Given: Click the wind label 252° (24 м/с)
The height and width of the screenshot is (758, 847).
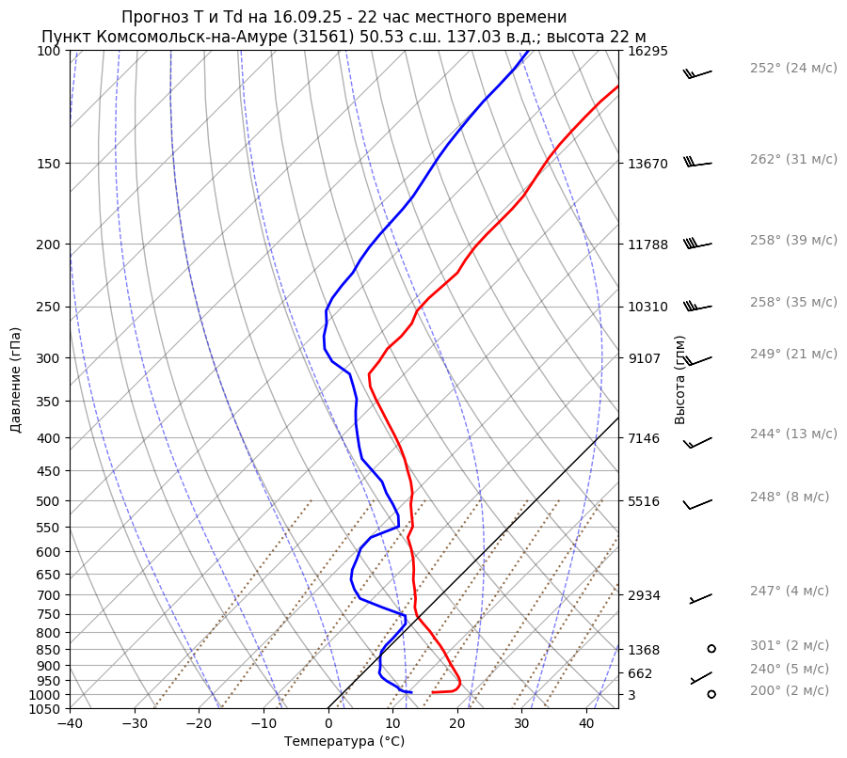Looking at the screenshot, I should (793, 68).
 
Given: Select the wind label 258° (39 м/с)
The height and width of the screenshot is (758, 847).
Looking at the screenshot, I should (793, 240).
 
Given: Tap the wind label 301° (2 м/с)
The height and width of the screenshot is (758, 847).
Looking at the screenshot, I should (790, 645).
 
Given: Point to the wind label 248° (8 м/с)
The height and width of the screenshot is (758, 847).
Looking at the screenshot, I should (790, 497).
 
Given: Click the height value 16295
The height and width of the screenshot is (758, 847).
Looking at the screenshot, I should (647, 51).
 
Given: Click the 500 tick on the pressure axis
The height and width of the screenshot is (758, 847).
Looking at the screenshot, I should (49, 501).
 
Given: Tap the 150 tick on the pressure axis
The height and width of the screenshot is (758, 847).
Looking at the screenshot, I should (49, 164).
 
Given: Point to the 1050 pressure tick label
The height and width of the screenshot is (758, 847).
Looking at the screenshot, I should (45, 709).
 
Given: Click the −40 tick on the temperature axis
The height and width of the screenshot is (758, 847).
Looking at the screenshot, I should (70, 723).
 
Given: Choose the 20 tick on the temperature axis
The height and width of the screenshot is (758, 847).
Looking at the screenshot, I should (457, 723).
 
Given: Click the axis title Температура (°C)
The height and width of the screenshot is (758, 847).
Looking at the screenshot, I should (344, 741).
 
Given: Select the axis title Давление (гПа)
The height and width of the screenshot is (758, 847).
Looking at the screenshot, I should (16, 380).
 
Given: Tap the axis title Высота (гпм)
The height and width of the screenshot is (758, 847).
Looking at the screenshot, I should (679, 380).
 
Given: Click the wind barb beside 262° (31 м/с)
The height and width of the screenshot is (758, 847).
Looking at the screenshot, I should (697, 163).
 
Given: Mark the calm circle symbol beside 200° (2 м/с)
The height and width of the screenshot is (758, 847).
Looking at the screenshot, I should (711, 694).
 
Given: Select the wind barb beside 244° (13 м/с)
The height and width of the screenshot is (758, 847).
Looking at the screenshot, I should (699, 441).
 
